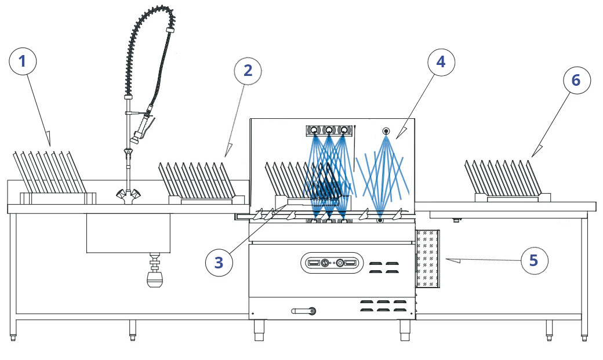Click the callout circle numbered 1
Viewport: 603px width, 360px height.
tap(23, 61)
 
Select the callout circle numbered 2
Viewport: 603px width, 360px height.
tap(248, 71)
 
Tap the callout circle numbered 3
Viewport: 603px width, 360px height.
tap(219, 263)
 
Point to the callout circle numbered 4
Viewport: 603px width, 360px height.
tap(441, 62)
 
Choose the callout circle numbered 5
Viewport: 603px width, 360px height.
tap(534, 260)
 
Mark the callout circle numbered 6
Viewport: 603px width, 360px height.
tap(575, 81)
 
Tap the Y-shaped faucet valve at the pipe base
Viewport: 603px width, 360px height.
tap(128, 194)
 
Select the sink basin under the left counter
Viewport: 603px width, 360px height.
tap(128, 232)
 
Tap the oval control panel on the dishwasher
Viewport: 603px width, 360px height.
tap(332, 263)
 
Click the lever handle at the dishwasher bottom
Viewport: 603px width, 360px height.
tap(305, 311)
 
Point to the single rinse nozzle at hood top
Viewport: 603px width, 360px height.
tap(386, 131)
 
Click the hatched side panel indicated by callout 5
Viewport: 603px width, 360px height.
tap(428, 259)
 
